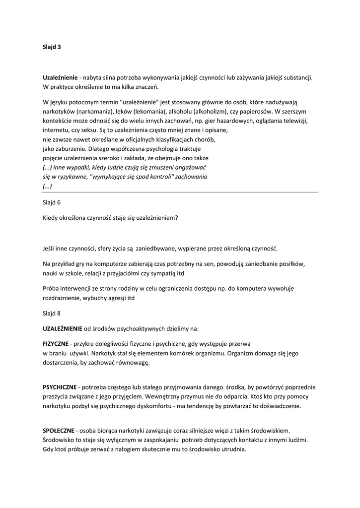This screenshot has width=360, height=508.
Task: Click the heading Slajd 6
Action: click(x=52, y=202)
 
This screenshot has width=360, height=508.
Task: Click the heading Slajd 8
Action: click(x=52, y=313)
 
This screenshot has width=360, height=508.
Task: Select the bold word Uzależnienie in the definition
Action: click(x=60, y=78)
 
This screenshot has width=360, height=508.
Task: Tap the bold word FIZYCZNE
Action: click(x=56, y=343)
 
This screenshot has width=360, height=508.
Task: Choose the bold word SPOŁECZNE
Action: click(x=59, y=430)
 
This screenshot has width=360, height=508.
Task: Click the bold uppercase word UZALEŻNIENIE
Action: click(x=63, y=328)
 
